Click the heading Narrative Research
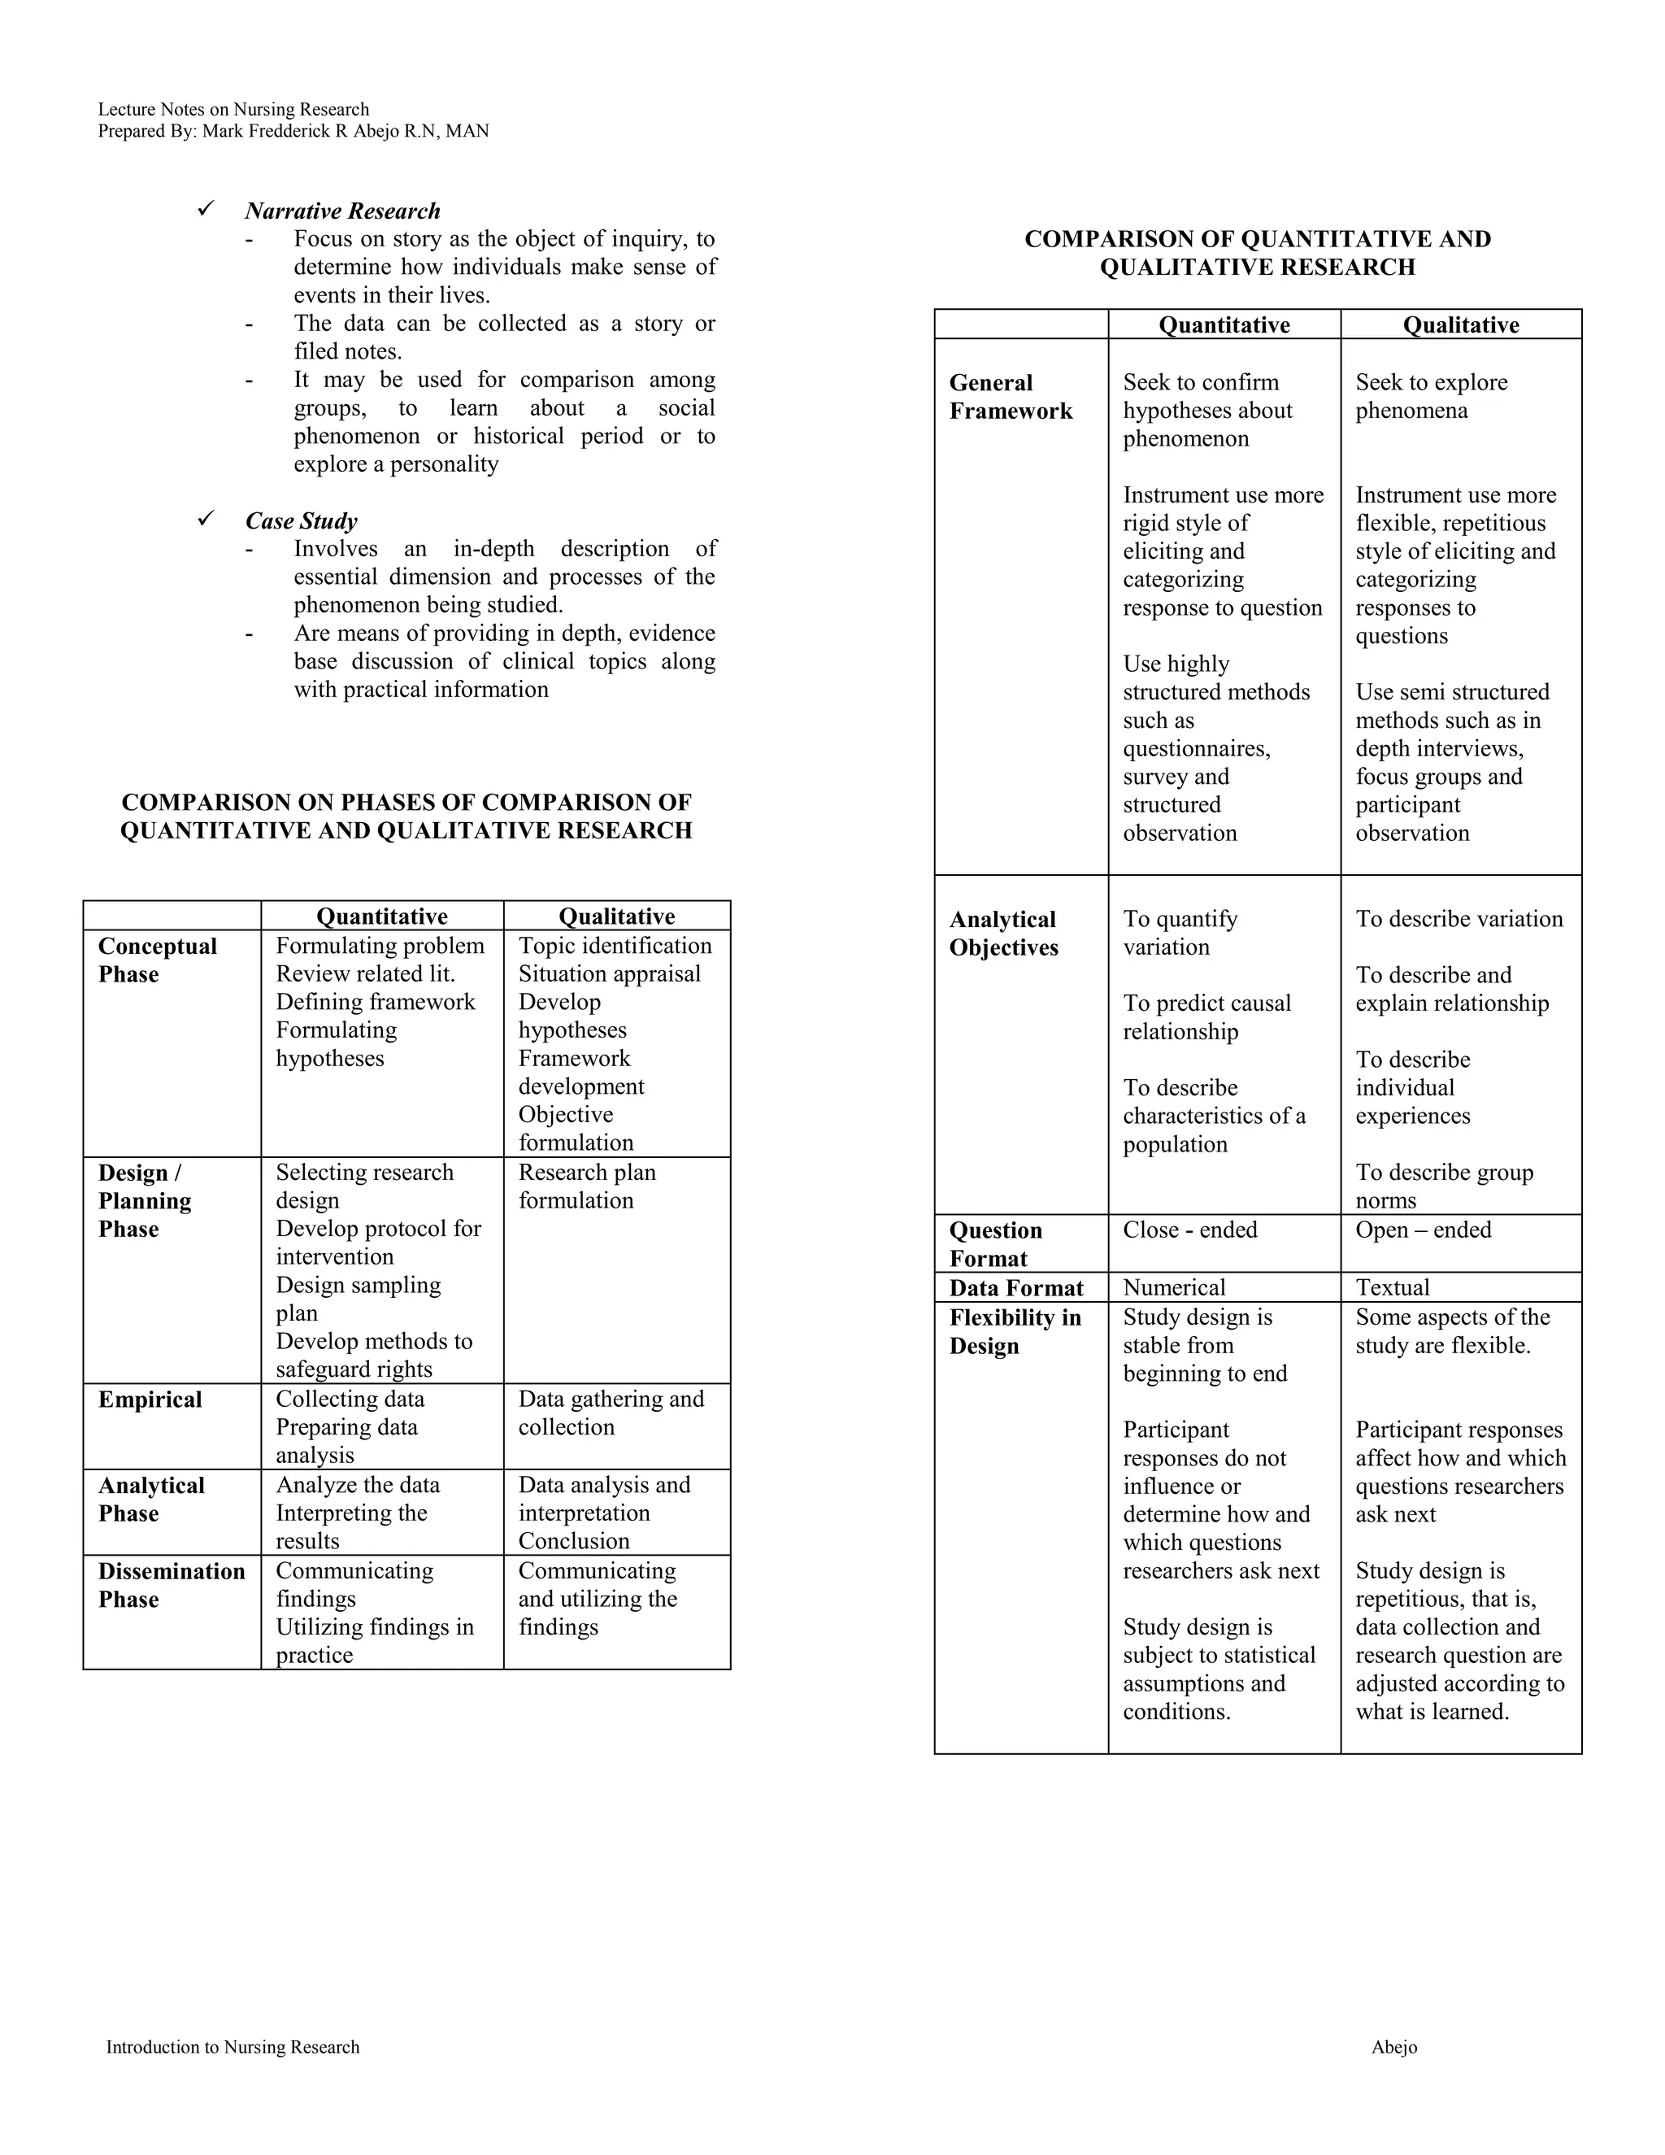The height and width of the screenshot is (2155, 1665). pos(342,211)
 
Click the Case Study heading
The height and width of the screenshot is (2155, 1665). pos(301,521)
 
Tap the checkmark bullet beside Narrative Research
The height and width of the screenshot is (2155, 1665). pos(206,209)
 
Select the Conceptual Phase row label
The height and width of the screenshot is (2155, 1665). pos(157,960)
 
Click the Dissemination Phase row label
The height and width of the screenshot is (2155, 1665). pos(171,1585)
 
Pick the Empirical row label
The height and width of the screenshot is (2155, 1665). pos(150,1400)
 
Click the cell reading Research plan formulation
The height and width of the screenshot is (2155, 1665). pos(587,1186)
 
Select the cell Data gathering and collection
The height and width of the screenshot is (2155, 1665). pos(611,1413)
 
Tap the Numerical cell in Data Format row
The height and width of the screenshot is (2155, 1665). pos(1174,1287)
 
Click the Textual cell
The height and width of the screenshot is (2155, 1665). pos(1392,1287)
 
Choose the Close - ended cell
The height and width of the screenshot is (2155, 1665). pos(1189,1230)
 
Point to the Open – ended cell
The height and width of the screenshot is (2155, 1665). pos(1423,1230)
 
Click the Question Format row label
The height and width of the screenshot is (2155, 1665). pos(995,1244)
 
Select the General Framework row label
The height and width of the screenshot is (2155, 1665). pos(1010,397)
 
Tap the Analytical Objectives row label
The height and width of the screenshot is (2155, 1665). pos(1003,934)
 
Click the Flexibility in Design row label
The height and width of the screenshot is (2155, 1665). pos(1015,1332)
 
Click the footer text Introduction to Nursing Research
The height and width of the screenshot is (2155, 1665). pos(233,2048)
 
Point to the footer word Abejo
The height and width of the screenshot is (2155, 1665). pos(1393,2048)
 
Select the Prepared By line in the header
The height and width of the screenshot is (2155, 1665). pos(293,131)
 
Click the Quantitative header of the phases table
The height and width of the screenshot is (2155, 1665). pos(382,916)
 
